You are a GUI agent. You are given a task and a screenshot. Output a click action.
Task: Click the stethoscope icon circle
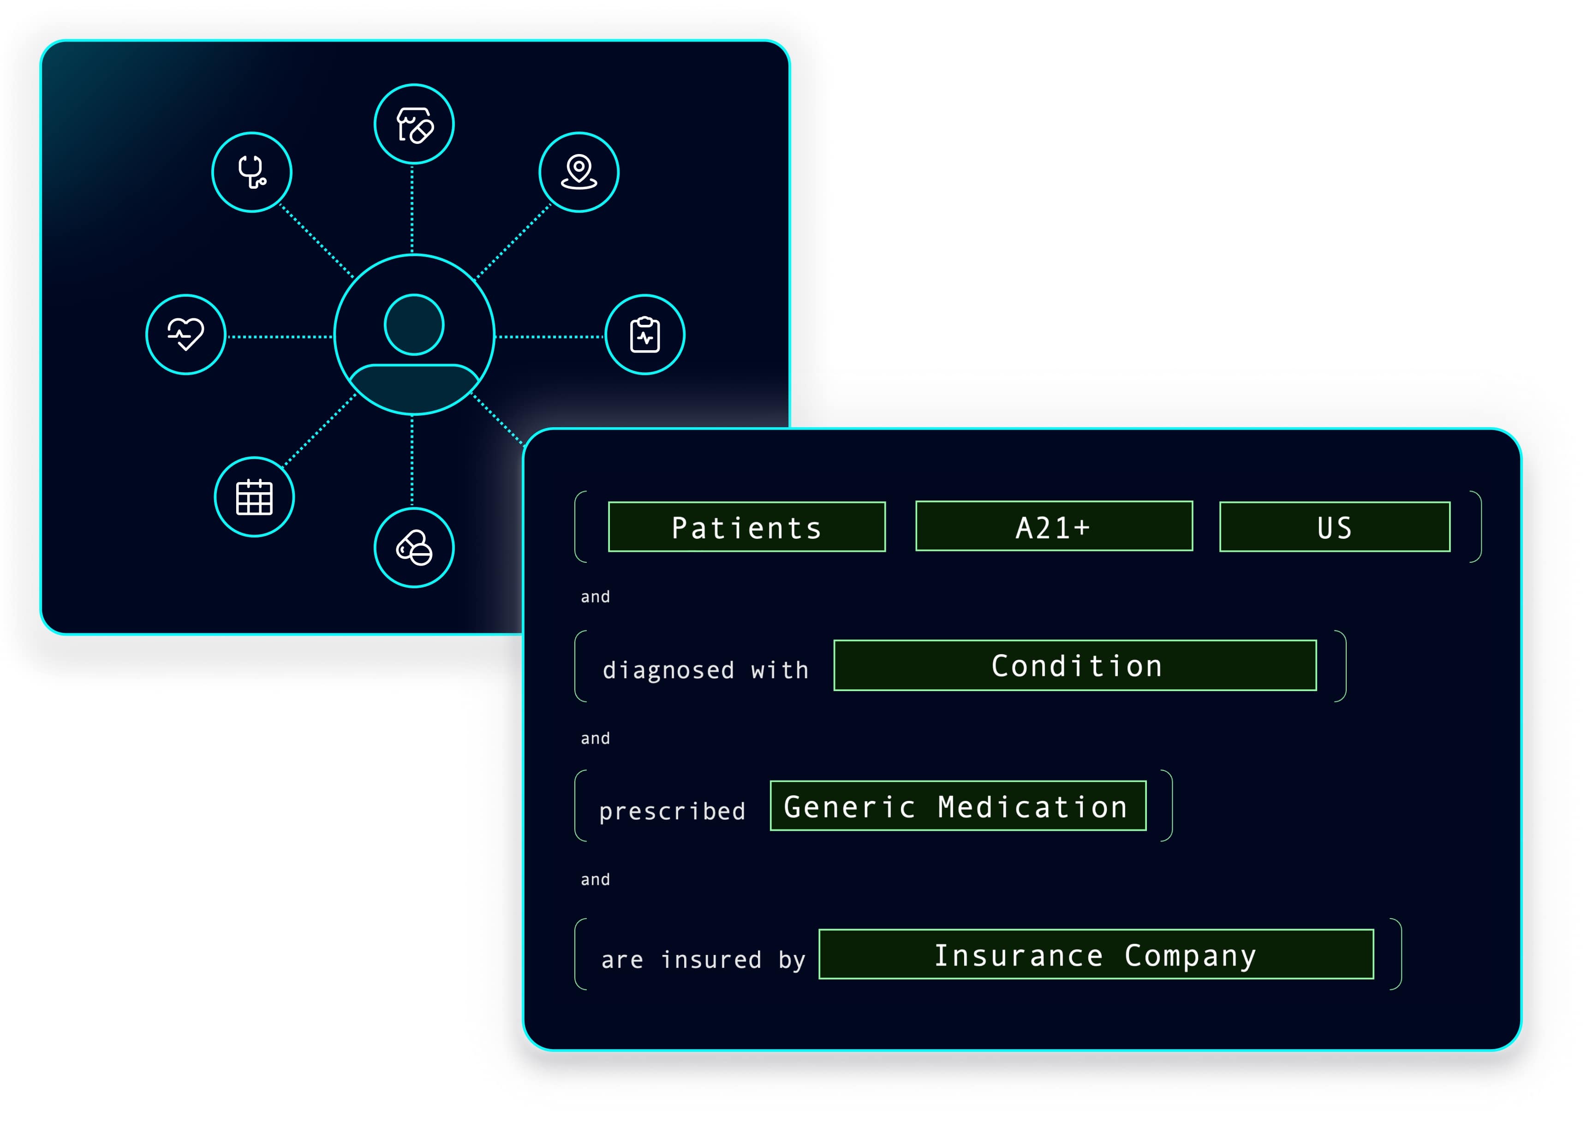[x=252, y=172]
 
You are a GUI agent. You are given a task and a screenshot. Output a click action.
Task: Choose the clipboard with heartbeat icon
[x=645, y=334]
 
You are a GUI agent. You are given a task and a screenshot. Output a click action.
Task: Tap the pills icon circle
[x=414, y=548]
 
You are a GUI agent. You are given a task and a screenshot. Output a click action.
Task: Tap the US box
[x=1335, y=527]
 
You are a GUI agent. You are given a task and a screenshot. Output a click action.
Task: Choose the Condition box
[x=1075, y=665]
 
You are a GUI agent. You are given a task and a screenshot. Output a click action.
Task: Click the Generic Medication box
[x=958, y=806]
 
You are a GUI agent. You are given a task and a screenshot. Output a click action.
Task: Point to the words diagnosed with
[x=705, y=670]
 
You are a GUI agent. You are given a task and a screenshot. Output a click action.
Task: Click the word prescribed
[x=672, y=811]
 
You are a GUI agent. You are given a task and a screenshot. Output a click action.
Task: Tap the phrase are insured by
[x=704, y=960]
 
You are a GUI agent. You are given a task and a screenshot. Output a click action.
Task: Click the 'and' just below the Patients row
[x=595, y=597]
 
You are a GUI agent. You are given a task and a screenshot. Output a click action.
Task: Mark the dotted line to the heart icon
[x=280, y=336]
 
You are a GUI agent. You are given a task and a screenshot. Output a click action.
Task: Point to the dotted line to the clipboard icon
[x=549, y=336]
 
